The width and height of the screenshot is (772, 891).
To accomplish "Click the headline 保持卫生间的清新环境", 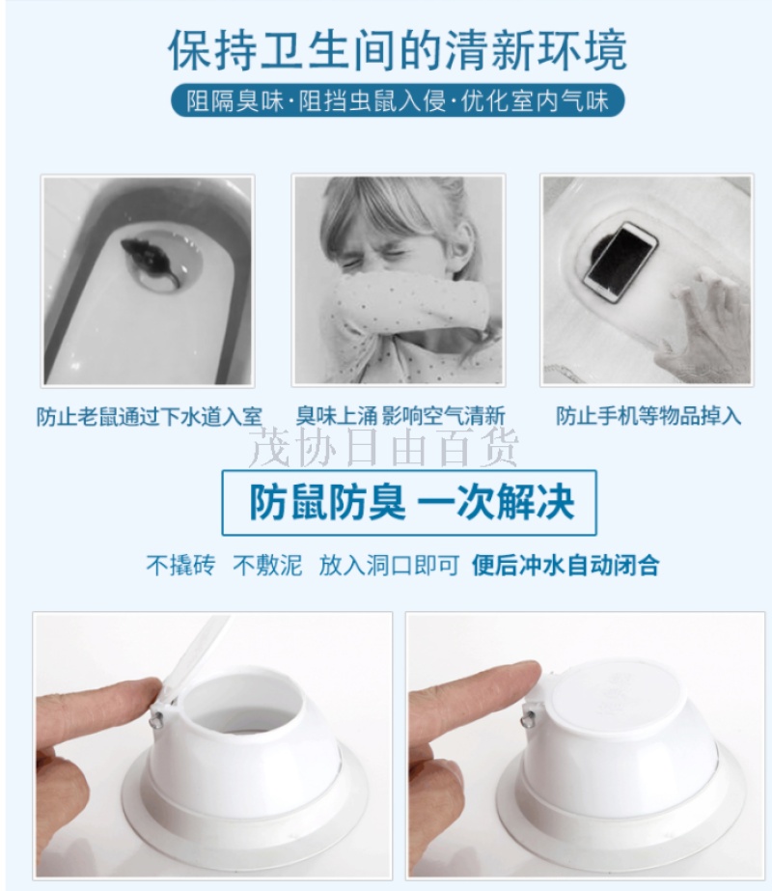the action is coord(397,51).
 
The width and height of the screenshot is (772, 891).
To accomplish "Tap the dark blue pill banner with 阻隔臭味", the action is coord(398,101).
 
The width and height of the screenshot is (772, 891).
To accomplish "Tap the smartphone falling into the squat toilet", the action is coord(620,262).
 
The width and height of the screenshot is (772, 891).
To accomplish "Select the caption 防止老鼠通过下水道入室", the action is coord(150,416).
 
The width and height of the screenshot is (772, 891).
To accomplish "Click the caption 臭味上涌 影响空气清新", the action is coord(400,416).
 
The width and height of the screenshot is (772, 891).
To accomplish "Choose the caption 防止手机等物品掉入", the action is coord(648,416).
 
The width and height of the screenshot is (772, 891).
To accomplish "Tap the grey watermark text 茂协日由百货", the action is coord(384,448).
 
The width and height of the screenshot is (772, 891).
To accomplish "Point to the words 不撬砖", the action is coord(180,566).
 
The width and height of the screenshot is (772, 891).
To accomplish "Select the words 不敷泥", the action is coord(267,566).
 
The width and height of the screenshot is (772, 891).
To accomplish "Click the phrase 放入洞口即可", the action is coord(389,566).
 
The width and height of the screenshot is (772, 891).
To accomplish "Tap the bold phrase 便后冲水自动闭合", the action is coord(565,566).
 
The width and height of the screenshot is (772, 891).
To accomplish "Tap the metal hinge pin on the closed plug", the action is coord(528,720).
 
